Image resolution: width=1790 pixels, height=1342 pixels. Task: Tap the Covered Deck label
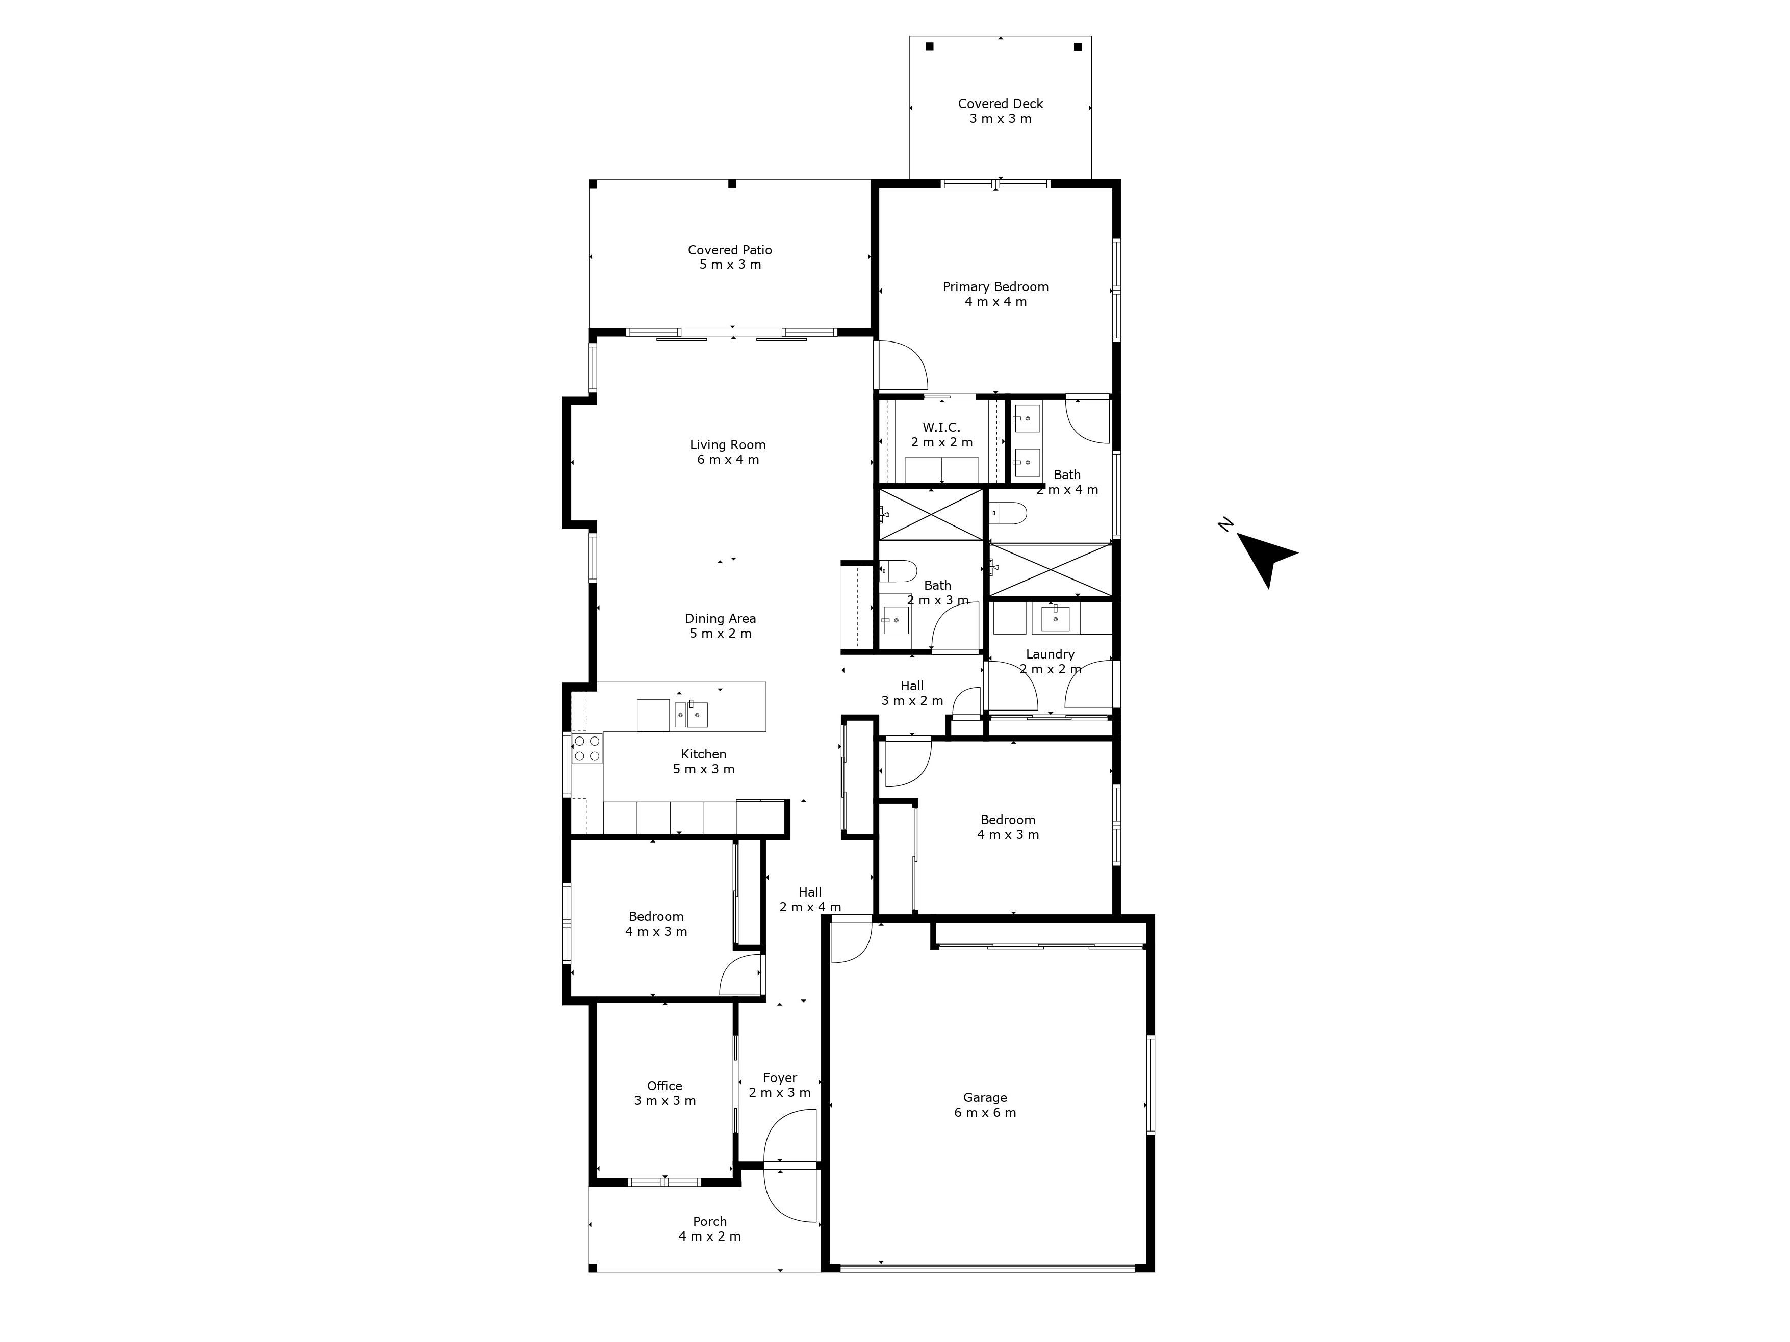(x=1000, y=103)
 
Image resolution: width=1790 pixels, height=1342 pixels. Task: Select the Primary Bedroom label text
(x=995, y=286)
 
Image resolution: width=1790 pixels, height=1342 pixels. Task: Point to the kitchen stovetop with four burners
(x=586, y=748)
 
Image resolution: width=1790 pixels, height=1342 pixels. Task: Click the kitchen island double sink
(x=691, y=714)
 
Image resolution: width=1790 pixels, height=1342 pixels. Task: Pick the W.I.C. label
(x=941, y=427)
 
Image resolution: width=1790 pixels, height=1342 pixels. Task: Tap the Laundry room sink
(x=1055, y=618)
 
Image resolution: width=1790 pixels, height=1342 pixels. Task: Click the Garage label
(x=985, y=1098)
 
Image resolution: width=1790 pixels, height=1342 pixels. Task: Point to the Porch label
(x=710, y=1222)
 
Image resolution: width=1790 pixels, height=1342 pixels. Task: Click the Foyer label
(x=780, y=1077)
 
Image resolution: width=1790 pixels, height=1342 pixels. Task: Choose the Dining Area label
(x=720, y=618)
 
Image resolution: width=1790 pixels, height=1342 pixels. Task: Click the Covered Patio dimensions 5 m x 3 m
(x=730, y=265)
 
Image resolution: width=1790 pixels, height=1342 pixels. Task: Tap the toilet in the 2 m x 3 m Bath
(x=898, y=571)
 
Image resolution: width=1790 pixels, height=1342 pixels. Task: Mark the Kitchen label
(x=703, y=754)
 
